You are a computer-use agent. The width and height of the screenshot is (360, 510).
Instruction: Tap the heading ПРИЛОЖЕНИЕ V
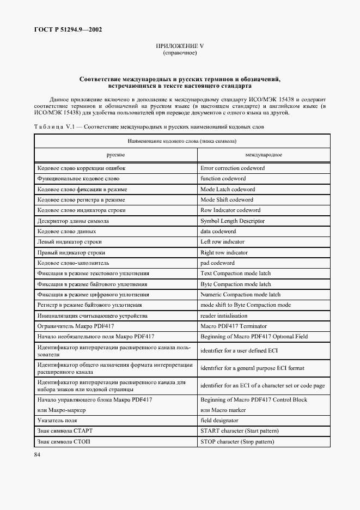point(180,46)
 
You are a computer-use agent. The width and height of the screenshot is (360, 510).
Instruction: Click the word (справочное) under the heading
point(180,53)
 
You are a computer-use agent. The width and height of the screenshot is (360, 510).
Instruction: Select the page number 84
point(38,454)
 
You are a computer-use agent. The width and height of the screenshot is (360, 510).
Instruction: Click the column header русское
point(115,155)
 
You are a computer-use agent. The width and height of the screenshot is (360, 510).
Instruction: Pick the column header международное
point(263,155)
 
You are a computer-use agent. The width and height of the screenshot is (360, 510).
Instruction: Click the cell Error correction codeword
point(233,168)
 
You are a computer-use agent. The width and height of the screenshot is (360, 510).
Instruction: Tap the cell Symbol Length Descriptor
point(233,221)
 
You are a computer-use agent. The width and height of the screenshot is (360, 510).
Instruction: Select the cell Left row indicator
point(222,241)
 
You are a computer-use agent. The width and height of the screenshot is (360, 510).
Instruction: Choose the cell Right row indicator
point(224,252)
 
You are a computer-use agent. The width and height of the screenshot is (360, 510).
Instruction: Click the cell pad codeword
point(217,263)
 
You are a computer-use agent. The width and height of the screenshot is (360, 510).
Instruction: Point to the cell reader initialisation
point(224,315)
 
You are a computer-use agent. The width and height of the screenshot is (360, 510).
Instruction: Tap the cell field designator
point(219,420)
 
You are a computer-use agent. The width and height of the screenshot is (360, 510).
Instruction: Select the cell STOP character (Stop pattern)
point(237,441)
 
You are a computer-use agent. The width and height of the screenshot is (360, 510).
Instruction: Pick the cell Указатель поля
point(57,420)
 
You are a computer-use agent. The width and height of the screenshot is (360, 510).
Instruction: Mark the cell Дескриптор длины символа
point(72,221)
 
